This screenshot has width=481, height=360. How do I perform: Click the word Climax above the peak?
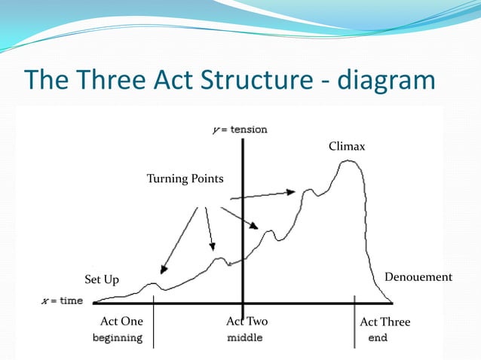[x=347, y=147]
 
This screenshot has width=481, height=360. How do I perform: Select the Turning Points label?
[x=185, y=178]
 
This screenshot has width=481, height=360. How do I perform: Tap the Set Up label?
[x=102, y=280]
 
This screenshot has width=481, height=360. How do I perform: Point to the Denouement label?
[x=418, y=277]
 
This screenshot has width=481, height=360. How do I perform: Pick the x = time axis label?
[x=61, y=301]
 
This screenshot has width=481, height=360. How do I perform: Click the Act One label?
[x=121, y=322]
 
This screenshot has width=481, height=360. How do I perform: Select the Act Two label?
[x=247, y=322]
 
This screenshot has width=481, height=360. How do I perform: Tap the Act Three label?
[x=385, y=322]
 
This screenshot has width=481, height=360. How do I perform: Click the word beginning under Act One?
[x=117, y=338]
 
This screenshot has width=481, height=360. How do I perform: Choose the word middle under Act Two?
[x=245, y=338]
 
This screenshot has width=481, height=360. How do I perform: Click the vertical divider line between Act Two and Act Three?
[x=354, y=324]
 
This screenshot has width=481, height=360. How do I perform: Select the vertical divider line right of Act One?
[x=154, y=324]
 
